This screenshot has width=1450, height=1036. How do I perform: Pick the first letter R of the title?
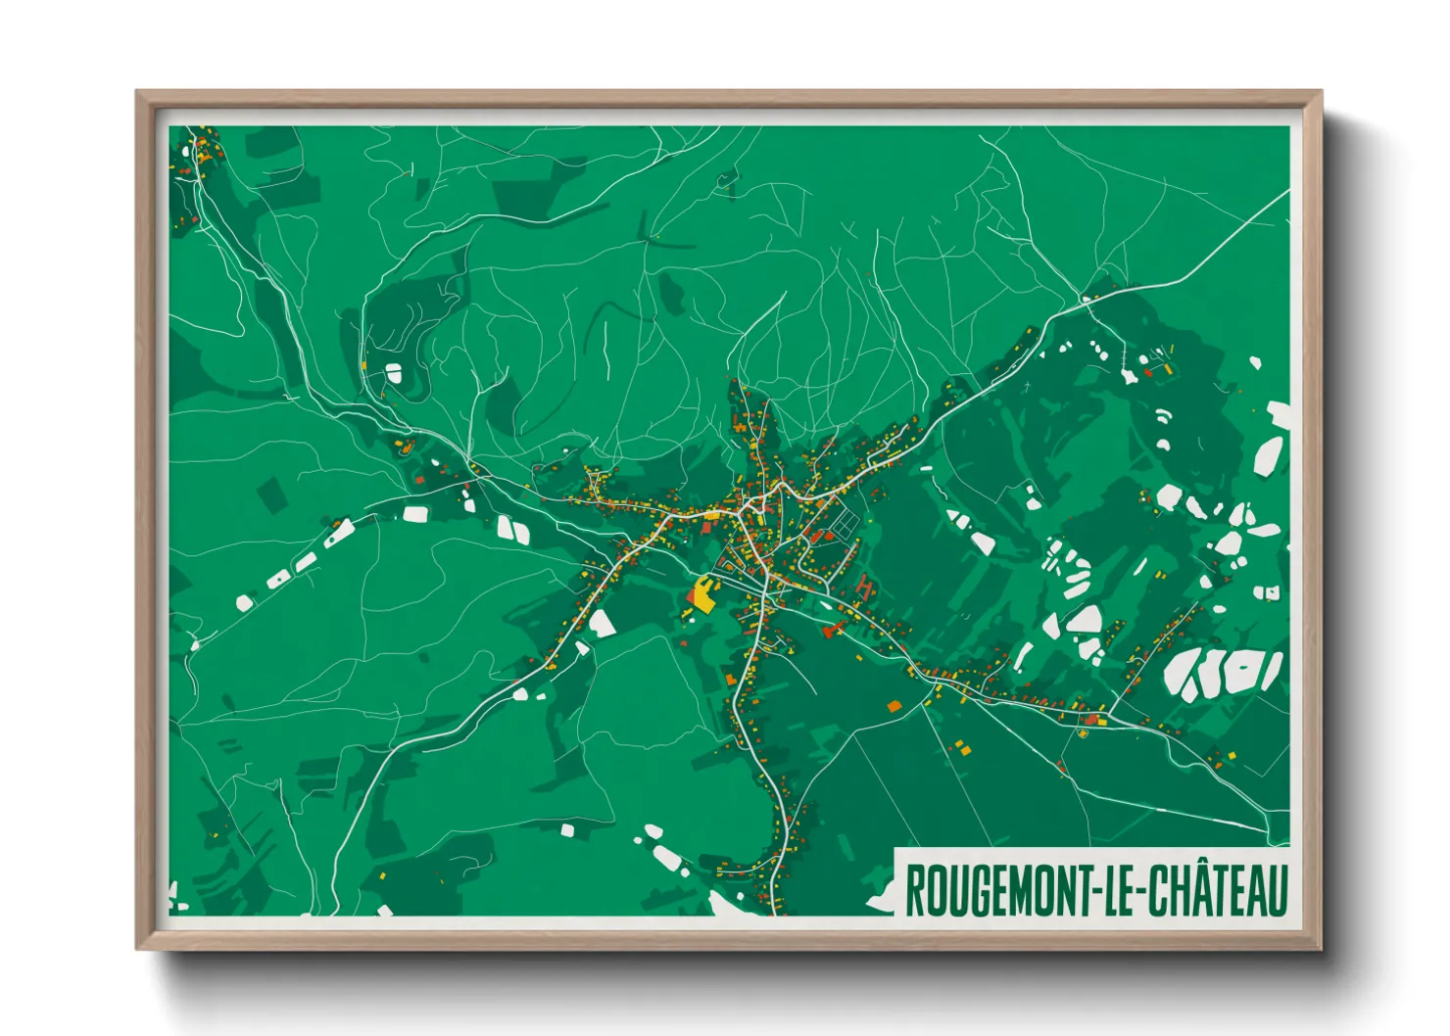[913, 890]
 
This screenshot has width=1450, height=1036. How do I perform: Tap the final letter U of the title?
[1276, 890]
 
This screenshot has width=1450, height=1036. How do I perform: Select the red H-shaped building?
[865, 588]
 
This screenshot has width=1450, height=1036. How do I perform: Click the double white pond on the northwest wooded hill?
[394, 373]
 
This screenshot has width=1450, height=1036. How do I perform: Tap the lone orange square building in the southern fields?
[894, 705]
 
